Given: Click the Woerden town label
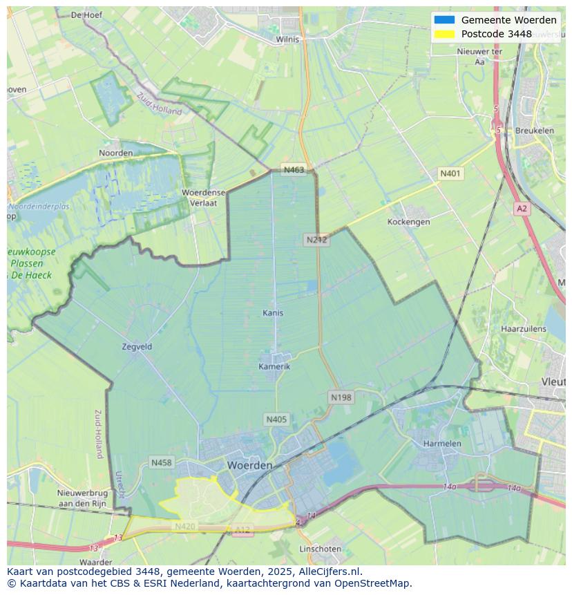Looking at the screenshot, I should click(249, 465).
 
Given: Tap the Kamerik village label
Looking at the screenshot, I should click(274, 366).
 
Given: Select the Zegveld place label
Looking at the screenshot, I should click(137, 346).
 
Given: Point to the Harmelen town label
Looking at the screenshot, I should click(442, 443).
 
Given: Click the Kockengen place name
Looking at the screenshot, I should click(408, 222).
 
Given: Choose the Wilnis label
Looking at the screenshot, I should click(287, 39).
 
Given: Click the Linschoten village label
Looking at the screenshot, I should click(320, 549).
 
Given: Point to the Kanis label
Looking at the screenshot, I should click(273, 313).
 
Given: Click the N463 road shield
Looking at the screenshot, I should click(294, 170).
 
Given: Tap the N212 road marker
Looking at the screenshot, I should click(316, 240).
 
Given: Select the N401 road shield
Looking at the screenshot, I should click(450, 173).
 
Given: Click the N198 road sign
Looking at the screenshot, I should click(341, 397).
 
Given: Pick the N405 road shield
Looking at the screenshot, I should click(276, 419).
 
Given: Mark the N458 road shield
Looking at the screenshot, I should click(161, 462).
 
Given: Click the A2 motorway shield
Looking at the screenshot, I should click(522, 208).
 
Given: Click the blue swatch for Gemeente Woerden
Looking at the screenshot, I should click(444, 20).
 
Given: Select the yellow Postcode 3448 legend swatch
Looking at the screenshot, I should click(444, 34).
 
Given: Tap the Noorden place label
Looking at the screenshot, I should click(116, 153).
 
